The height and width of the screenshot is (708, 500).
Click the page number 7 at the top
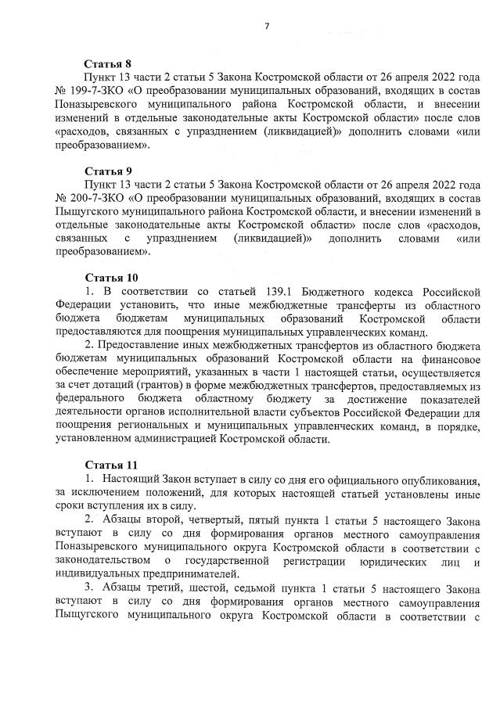coord(266,27)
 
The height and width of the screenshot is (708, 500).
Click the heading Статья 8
coord(107,64)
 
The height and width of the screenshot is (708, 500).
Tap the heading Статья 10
coord(110,278)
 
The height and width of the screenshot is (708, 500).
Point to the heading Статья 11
coord(110,465)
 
